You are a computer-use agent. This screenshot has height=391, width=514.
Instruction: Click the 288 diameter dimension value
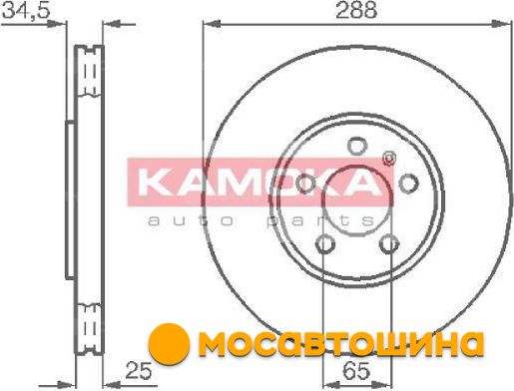click(x=356, y=10)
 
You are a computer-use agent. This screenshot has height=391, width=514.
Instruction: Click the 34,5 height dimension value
click(x=26, y=10)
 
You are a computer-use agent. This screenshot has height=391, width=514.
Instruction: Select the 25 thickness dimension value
click(x=139, y=371)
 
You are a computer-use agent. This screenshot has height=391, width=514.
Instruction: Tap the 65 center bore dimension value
click(x=356, y=371)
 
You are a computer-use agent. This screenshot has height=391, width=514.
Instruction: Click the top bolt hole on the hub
click(x=356, y=146)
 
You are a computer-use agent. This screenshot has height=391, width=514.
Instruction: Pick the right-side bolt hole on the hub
click(x=408, y=184)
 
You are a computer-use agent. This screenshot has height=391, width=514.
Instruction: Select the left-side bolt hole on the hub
click(x=305, y=184)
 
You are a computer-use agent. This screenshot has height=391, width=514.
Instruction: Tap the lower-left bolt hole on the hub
click(x=324, y=244)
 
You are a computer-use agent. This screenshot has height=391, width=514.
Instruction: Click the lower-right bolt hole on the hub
click(x=388, y=244)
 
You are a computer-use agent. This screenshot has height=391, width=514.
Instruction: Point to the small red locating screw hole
click(x=388, y=159)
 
